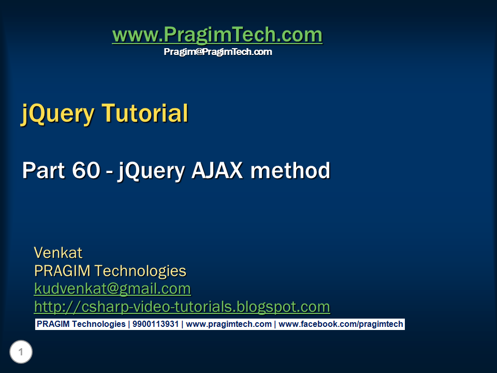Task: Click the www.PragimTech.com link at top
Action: (x=217, y=35)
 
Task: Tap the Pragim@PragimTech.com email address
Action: (x=217, y=52)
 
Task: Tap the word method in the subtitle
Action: (x=290, y=170)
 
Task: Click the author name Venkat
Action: (x=58, y=253)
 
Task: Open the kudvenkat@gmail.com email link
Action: (x=112, y=289)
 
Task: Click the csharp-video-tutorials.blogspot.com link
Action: (x=182, y=307)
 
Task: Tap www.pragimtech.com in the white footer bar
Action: (x=228, y=324)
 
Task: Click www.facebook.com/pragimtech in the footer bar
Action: (x=340, y=324)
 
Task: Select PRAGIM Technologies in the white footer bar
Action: (x=81, y=324)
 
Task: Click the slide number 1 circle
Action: (x=21, y=353)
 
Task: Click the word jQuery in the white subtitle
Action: (x=151, y=170)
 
